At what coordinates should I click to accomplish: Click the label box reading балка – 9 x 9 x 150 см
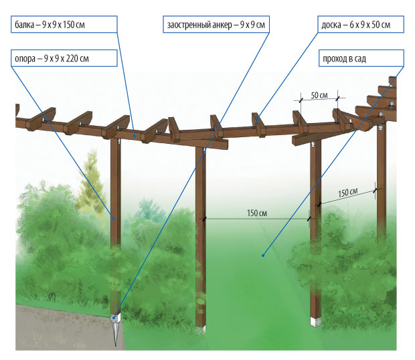(64, 26)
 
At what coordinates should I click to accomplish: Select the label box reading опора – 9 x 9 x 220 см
(64, 59)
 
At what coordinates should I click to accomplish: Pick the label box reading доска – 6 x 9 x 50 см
(360, 26)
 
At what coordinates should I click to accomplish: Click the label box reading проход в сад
(360, 59)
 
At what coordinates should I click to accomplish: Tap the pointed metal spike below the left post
(115, 335)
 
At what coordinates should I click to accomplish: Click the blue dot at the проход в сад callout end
(262, 254)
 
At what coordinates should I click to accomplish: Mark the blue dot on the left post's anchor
(115, 317)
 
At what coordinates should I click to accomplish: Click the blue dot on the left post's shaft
(113, 218)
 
